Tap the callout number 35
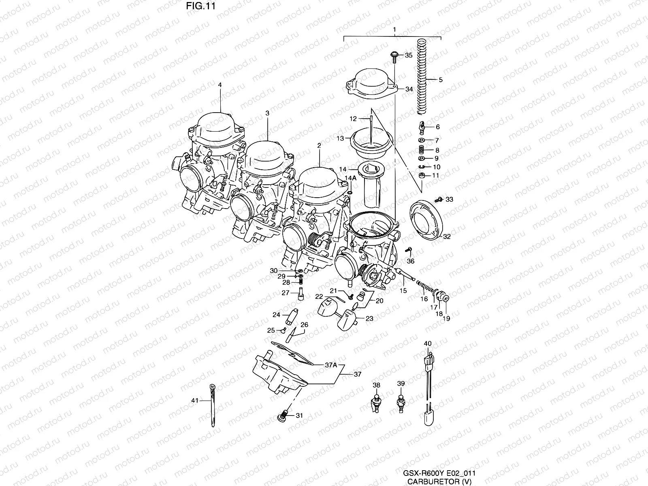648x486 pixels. (409, 55)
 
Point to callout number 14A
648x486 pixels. (350, 178)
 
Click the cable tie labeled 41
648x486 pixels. (213, 405)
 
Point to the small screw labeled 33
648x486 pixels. (438, 200)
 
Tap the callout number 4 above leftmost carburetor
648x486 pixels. (220, 85)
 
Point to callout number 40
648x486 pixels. (428, 343)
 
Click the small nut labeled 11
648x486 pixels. (423, 176)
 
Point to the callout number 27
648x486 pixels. (285, 293)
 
